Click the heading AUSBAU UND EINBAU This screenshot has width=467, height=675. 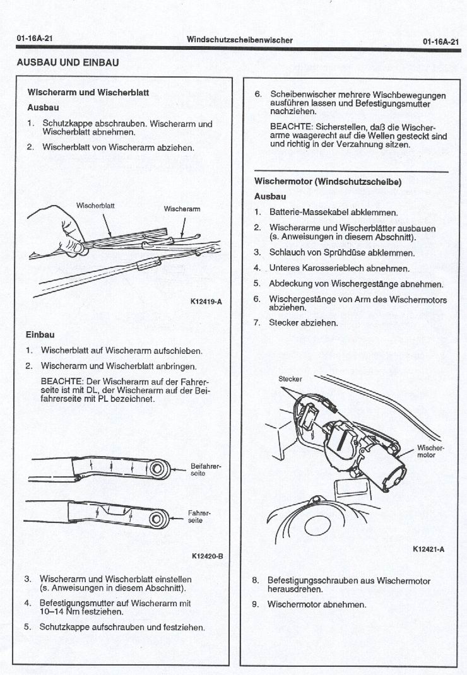click(x=67, y=63)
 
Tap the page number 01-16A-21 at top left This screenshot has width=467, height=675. click(x=34, y=40)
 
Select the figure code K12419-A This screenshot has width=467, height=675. click(x=206, y=302)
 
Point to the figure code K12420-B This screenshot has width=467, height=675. click(x=206, y=556)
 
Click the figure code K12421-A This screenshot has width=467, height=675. click(x=429, y=549)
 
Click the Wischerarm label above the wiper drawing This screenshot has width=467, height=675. click(x=182, y=209)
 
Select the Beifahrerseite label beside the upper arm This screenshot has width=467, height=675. click(x=201, y=470)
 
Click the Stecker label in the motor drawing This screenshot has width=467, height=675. click(x=290, y=379)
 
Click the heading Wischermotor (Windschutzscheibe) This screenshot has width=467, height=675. click(x=328, y=182)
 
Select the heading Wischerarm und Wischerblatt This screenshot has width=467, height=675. click(x=88, y=92)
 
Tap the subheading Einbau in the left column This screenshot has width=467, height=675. click(x=40, y=334)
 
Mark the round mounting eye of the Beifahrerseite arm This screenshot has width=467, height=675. click(x=158, y=468)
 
